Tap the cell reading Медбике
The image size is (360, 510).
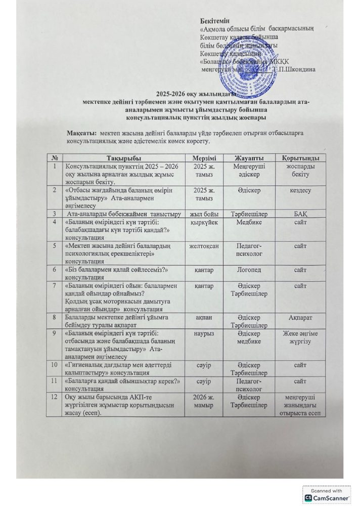click(249, 221)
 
